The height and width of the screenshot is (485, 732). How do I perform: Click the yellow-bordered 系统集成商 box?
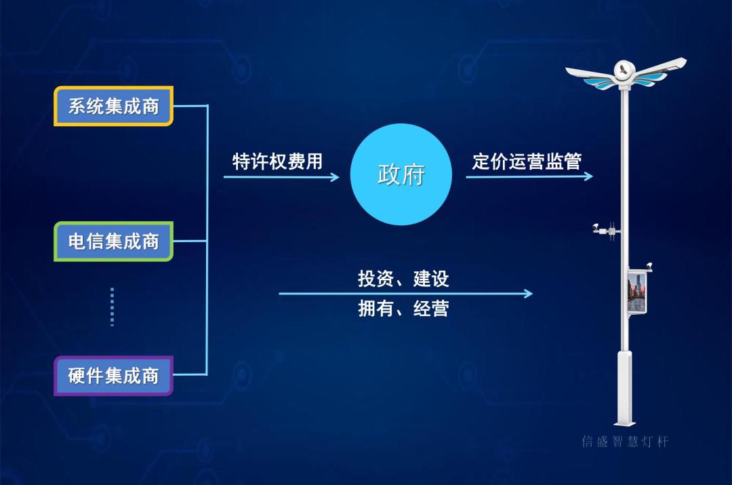114,106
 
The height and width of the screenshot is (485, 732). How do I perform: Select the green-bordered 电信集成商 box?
114,241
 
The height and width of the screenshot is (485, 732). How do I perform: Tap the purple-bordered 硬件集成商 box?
114,376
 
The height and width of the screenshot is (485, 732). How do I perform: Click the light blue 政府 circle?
401,174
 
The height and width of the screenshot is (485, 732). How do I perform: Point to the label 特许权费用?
277,161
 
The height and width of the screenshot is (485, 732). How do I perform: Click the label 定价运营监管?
527,161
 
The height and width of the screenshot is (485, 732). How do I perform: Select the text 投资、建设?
403,279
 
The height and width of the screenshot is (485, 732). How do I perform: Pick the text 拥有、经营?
403,309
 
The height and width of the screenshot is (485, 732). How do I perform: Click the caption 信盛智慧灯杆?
625,442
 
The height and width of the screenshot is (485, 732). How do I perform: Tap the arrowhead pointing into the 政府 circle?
335,177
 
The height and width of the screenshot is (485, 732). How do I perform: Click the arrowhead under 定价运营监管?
588,176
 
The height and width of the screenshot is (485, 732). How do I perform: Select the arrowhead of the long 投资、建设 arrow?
528,294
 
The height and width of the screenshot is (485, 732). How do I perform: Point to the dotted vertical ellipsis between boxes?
112,307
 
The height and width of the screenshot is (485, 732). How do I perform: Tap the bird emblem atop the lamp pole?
622,69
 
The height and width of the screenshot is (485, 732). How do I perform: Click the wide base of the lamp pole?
624,387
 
